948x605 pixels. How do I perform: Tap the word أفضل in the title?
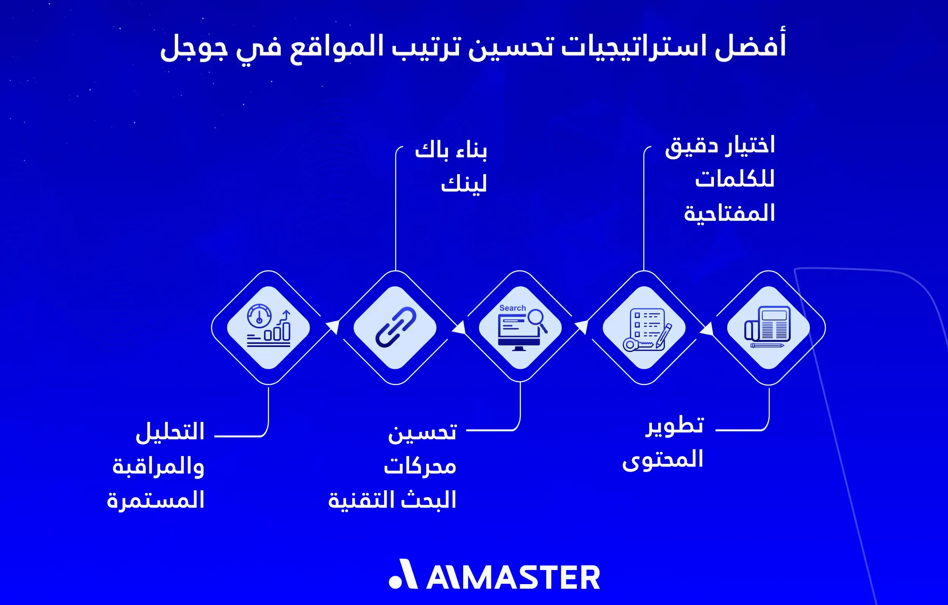click(750, 46)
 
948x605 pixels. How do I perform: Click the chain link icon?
click(395, 328)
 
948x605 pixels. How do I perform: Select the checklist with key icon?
click(644, 328)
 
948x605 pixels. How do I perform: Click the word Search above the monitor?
click(512, 308)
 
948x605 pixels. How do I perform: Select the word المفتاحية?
click(729, 213)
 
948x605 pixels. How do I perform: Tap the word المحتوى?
click(663, 460)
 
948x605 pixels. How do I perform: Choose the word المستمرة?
click(155, 500)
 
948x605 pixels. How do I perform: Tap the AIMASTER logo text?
click(513, 577)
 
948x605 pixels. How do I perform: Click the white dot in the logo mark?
click(395, 582)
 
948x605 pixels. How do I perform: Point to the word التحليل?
click(170, 432)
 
